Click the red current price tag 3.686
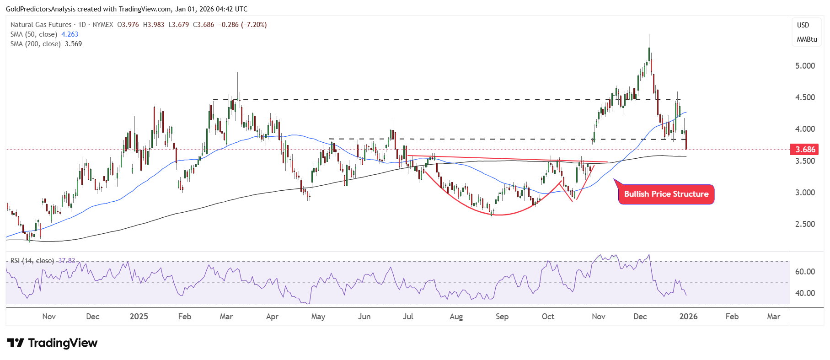(805, 150)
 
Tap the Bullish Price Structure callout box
(666, 194)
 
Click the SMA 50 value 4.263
(70, 34)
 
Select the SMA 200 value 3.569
(73, 44)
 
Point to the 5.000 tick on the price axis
(805, 66)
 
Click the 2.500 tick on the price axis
(805, 224)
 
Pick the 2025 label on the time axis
(139, 317)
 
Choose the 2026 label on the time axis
(688, 317)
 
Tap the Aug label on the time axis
(456, 317)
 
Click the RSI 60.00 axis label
(805, 272)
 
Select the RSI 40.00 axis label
(805, 293)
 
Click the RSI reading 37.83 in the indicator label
(67, 261)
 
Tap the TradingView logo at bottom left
(52, 343)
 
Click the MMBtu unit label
(807, 39)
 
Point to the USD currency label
(803, 25)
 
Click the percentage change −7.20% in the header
(254, 25)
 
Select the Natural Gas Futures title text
(41, 25)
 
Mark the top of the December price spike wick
(649, 35)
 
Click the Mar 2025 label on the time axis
(226, 317)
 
